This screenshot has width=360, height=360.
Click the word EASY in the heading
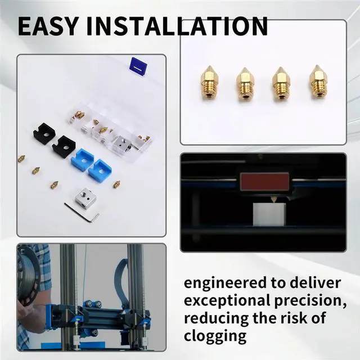[49, 26]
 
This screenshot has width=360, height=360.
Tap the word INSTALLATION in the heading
[179, 26]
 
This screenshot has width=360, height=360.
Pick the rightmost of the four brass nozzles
[318, 82]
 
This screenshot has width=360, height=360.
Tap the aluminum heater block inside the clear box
[121, 144]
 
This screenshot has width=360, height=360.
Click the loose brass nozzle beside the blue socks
[116, 184]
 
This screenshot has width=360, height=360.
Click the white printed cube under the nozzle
[273, 214]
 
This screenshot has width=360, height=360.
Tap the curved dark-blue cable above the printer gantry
[119, 281]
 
